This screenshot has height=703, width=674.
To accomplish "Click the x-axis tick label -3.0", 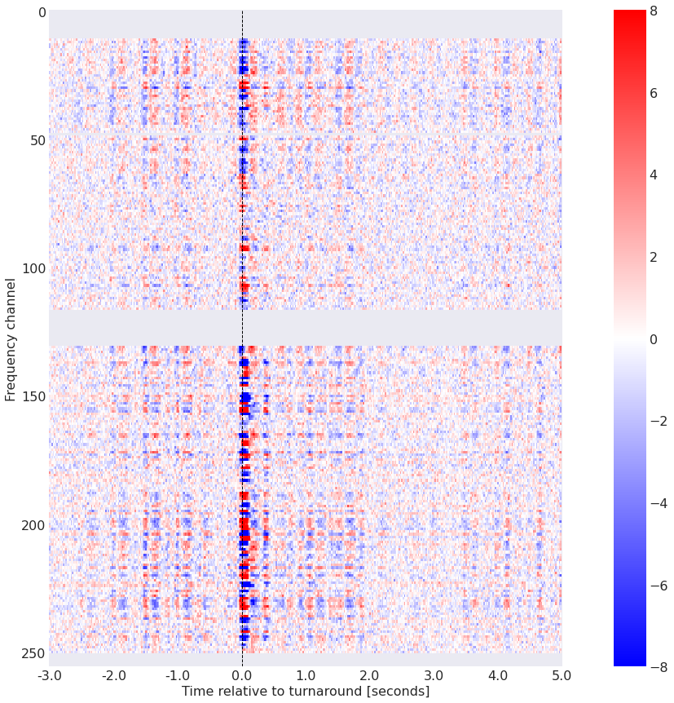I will pos(49,676).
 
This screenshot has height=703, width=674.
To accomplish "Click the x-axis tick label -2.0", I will pos(113,676).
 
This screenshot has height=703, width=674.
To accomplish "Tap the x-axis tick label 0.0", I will pos(242,676).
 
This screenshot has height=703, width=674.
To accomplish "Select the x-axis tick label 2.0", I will pos(370,676).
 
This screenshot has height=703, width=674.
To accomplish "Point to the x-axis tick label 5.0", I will pos(562,676).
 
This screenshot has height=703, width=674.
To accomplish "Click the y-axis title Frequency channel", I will pos(11,339).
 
